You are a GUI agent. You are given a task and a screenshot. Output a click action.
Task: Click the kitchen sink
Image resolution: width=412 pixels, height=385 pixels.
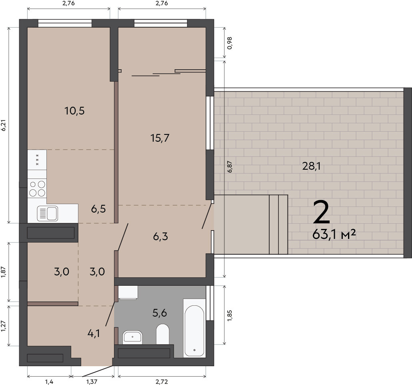[48, 213]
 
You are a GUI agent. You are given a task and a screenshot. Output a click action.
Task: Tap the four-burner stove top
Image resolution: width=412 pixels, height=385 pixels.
[37, 188]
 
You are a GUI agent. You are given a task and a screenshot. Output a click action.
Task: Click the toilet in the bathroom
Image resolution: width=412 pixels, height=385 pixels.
[163, 334]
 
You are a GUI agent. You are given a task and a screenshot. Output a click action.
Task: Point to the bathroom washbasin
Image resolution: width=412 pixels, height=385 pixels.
[132, 337]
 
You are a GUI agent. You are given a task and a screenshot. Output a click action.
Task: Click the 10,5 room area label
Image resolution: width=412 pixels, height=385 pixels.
[75, 111]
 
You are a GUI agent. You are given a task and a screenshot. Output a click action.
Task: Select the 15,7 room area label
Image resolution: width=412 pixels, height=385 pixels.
[160, 138]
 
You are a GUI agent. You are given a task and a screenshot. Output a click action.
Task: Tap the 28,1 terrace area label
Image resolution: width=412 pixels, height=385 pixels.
[311, 166]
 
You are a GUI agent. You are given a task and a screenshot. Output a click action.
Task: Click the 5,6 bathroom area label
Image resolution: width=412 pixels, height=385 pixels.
[160, 313]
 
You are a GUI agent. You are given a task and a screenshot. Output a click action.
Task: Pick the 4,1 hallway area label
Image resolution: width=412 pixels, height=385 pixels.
[94, 333]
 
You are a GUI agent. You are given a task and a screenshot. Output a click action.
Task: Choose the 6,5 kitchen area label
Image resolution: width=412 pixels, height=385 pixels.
[98, 209]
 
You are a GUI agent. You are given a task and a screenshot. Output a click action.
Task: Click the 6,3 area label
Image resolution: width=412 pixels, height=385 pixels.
[160, 237]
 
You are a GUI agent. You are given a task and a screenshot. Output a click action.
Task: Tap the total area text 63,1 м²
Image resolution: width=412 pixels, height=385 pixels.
[334, 234]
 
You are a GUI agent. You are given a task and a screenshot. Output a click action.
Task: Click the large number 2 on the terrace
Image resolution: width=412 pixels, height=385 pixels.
[322, 212]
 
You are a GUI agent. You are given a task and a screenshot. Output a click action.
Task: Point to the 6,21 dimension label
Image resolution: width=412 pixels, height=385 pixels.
[4, 125]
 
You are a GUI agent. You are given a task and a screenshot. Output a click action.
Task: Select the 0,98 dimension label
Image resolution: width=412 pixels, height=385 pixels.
[230, 43]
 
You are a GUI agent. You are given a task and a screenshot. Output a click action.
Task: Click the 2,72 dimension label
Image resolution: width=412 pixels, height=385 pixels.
[162, 381]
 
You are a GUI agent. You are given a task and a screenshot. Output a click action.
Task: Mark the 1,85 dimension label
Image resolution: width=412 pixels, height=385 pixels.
[230, 315]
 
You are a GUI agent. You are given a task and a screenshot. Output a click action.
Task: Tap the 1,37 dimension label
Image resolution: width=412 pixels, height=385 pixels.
[92, 381]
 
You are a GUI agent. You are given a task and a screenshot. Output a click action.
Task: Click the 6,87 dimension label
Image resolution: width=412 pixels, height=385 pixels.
[230, 167]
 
